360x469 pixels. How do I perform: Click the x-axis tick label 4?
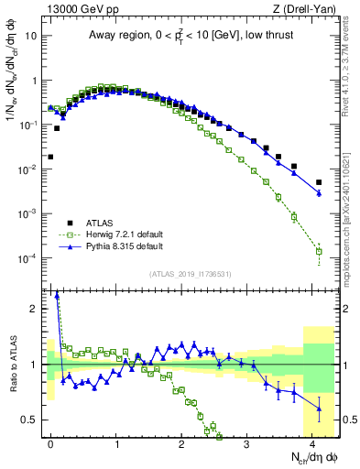[313, 442]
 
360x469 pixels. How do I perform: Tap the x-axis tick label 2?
[182, 442]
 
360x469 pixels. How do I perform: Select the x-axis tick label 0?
[51, 442]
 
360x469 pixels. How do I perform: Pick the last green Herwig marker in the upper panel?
[319, 251]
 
